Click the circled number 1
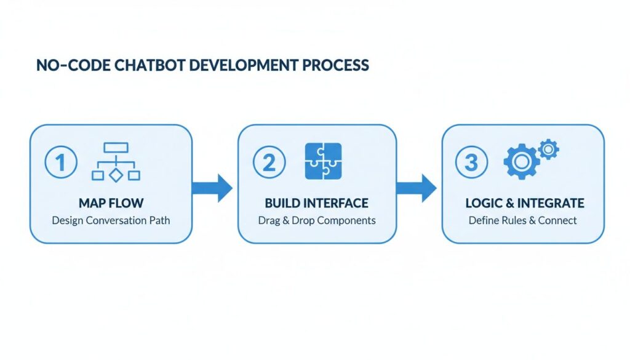click(61, 163)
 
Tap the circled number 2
click(269, 163)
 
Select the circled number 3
click(471, 163)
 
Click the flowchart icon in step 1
click(116, 162)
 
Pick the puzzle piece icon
click(324, 161)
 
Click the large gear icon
click(521, 162)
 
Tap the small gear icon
click(548, 149)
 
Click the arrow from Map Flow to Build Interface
click(213, 188)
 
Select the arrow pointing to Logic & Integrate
click(418, 188)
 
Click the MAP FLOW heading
click(111, 203)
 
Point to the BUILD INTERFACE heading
click(317, 203)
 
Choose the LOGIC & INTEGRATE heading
click(524, 203)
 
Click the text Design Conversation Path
click(111, 220)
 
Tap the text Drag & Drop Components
click(317, 220)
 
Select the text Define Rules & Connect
click(523, 220)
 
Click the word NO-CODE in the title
click(65, 65)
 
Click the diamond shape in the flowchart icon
click(116, 175)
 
